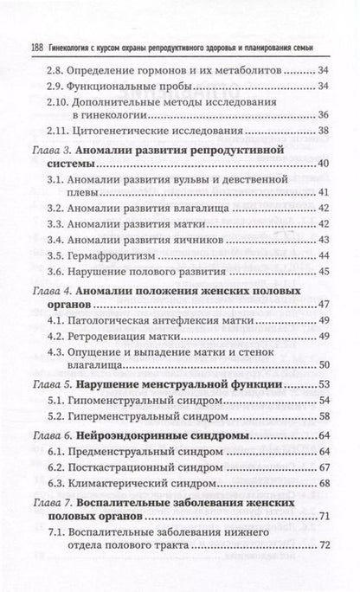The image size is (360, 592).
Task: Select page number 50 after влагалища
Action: [323, 389]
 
